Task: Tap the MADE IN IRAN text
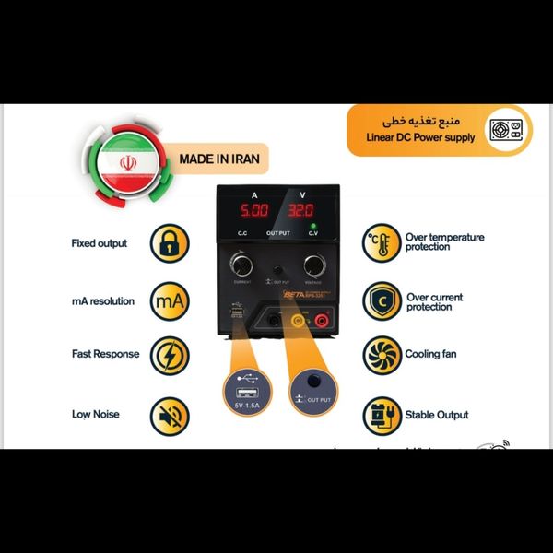pos(218,159)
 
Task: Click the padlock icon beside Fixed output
pos(170,243)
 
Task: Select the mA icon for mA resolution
pos(170,300)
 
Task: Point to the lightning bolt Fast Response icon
pos(170,355)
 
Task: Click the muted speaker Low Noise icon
pos(170,415)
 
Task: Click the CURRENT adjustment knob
pos(242,265)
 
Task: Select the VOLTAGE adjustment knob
pos(313,265)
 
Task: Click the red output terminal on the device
pos(324,320)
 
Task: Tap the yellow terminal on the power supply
pos(298,320)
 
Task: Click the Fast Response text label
pos(105,354)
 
